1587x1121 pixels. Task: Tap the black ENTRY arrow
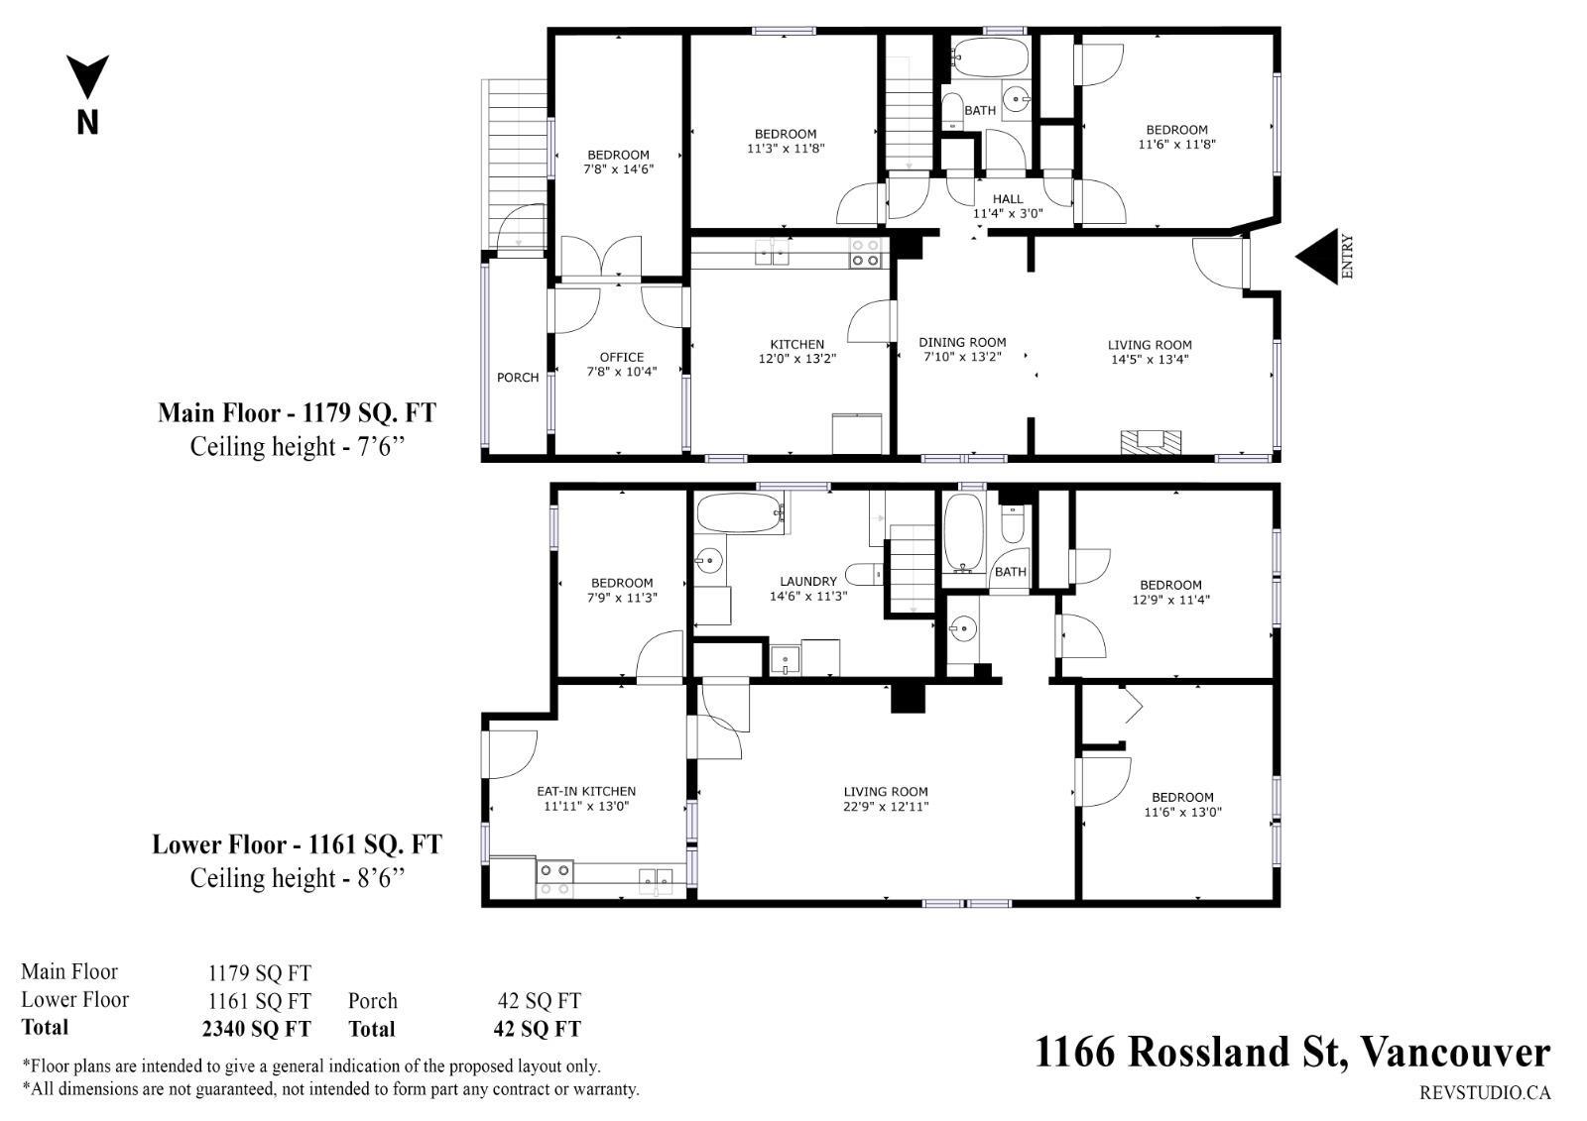coord(1317,257)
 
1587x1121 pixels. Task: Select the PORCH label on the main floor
coord(518,378)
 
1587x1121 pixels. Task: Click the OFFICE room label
coord(621,358)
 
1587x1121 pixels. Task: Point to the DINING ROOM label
coord(962,342)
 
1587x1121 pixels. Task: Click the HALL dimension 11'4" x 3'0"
coord(1008,213)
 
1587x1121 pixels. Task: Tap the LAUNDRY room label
coord(808,582)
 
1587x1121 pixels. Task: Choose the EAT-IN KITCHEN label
coord(586,791)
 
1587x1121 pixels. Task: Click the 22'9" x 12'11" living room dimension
coord(886,806)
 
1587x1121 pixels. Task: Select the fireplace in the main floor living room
coord(1151,441)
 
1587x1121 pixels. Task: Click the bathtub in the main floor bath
coord(990,56)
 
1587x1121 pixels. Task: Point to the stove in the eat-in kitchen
coord(554,879)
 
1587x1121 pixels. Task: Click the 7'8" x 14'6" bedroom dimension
coord(619,169)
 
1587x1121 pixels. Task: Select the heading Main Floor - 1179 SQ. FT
coord(297,412)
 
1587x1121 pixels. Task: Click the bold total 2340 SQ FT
coord(256,1028)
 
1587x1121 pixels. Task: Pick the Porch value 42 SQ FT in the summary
coord(540,1001)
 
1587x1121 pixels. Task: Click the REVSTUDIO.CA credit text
coord(1485,1092)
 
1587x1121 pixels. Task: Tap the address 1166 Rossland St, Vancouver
coord(1293,1052)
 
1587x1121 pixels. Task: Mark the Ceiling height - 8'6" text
coord(298,878)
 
